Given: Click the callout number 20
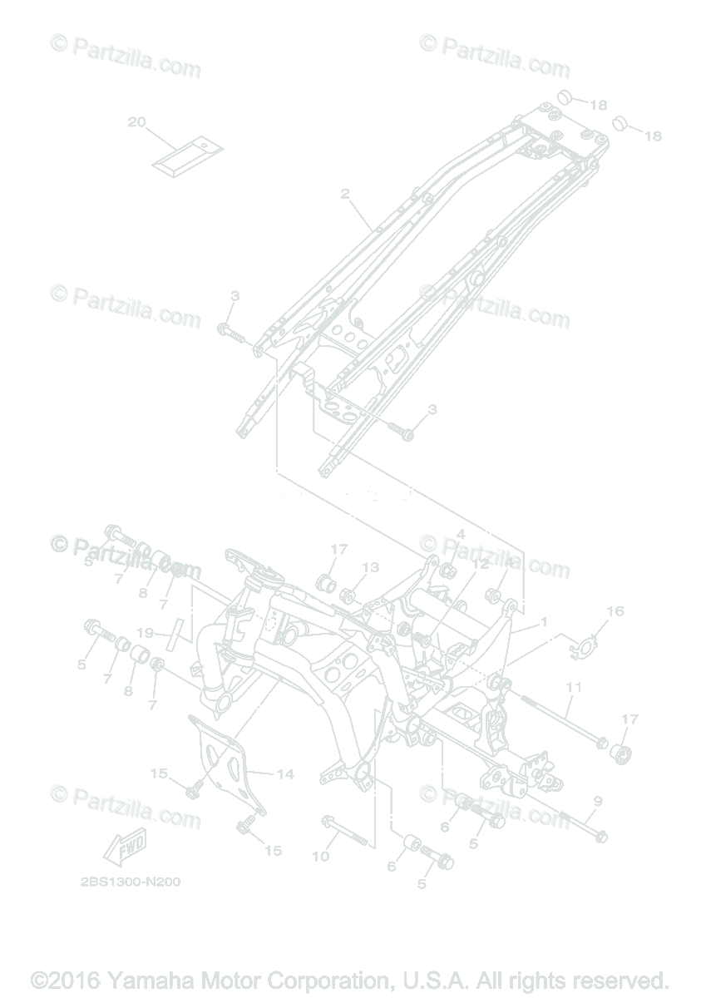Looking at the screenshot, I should tap(136, 122).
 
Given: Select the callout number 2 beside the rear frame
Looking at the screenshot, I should tap(344, 194).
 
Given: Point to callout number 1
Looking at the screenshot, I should tap(544, 621).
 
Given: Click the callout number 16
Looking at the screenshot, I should tap(615, 611).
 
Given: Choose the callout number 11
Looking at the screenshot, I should tap(573, 688).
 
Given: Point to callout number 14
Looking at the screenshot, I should tap(285, 774).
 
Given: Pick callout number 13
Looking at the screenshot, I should tap(370, 567).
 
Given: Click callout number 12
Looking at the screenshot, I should tap(481, 564).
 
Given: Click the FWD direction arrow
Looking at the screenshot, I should tap(125, 847).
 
